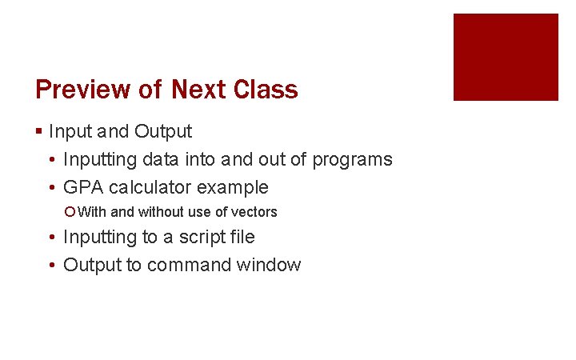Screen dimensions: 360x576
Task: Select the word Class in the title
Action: pos(266,90)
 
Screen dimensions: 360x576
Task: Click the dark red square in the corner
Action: pos(506,57)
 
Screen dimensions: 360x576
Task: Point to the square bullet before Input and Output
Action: pos(39,131)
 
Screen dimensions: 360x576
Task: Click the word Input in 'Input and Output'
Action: pos(66,131)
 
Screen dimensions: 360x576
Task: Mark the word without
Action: pos(162,212)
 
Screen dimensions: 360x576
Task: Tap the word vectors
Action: pos(254,212)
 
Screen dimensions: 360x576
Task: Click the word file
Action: pos(239,237)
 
